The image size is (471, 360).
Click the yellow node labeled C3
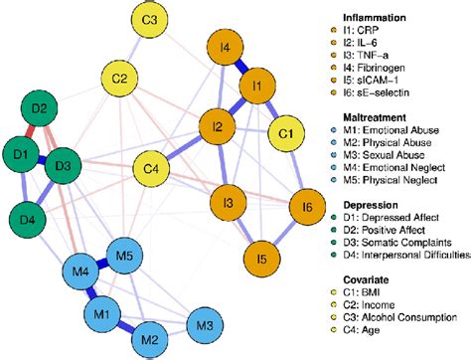(154, 20)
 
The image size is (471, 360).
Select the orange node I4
(227, 48)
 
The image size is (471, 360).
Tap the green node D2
(41, 108)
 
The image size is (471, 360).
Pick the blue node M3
(204, 326)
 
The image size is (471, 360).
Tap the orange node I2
(218, 127)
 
